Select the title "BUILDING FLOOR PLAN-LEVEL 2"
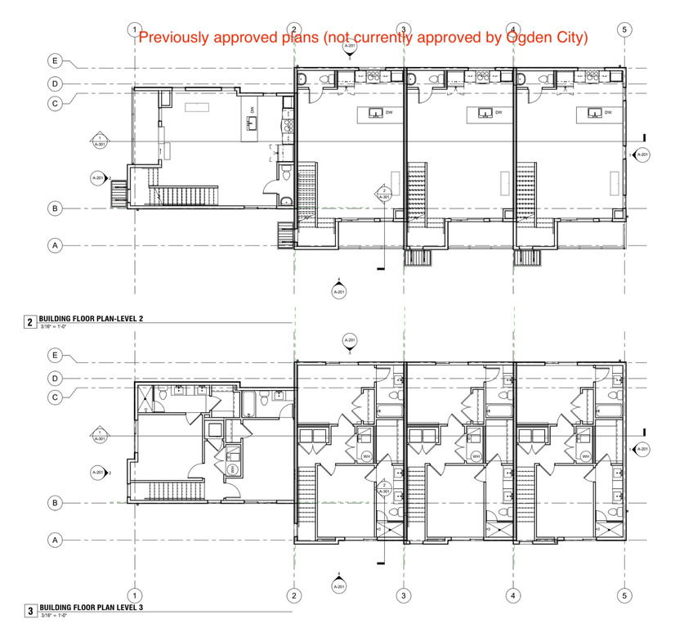[90, 321]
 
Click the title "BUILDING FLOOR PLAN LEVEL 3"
[90, 609]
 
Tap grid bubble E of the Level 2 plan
[56, 61]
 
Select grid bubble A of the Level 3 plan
[56, 540]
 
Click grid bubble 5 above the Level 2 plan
[624, 29]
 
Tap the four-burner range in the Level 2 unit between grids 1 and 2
[286, 126]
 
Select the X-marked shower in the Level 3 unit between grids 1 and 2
[144, 400]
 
